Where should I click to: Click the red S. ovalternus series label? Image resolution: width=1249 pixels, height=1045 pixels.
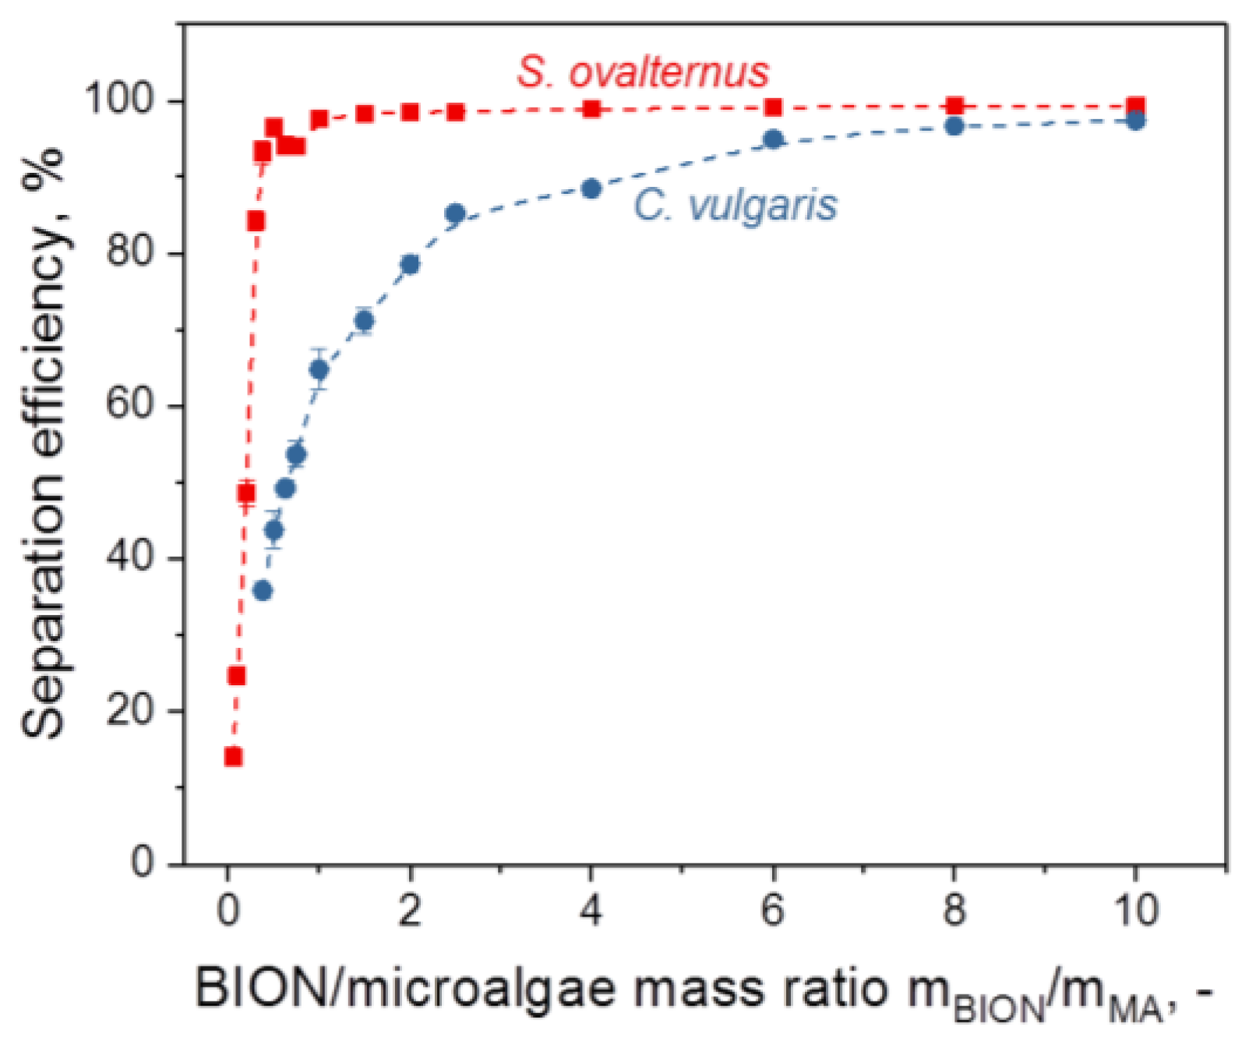click(x=643, y=72)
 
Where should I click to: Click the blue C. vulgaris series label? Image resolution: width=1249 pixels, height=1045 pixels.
click(x=735, y=206)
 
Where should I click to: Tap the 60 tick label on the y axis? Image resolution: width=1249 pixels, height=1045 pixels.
click(x=129, y=406)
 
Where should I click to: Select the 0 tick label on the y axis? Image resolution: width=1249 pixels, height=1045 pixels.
click(x=143, y=863)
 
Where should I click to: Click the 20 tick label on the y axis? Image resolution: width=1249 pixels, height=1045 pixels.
click(x=129, y=711)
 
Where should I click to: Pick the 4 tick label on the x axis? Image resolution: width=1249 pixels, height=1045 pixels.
click(x=591, y=910)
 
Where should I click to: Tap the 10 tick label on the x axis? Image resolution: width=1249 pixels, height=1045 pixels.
click(x=1136, y=910)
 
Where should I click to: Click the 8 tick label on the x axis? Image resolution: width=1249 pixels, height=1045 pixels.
click(x=954, y=910)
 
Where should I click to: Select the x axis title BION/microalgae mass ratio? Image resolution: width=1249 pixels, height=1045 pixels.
click(x=701, y=990)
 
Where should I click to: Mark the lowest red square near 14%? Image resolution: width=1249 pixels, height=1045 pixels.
click(x=233, y=756)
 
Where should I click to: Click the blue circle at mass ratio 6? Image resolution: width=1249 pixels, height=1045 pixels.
click(x=773, y=140)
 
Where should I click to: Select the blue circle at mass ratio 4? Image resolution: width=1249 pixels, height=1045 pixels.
click(x=591, y=189)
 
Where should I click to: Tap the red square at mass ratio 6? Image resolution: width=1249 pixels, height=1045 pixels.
click(x=773, y=107)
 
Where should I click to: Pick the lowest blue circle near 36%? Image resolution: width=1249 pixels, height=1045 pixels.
click(x=263, y=591)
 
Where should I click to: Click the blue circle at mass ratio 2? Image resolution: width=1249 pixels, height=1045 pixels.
click(x=410, y=265)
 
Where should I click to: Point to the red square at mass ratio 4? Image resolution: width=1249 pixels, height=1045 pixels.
click(x=591, y=109)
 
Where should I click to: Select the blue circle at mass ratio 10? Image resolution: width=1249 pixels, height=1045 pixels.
click(x=1136, y=121)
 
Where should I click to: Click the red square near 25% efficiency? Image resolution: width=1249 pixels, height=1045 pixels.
click(x=237, y=675)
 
